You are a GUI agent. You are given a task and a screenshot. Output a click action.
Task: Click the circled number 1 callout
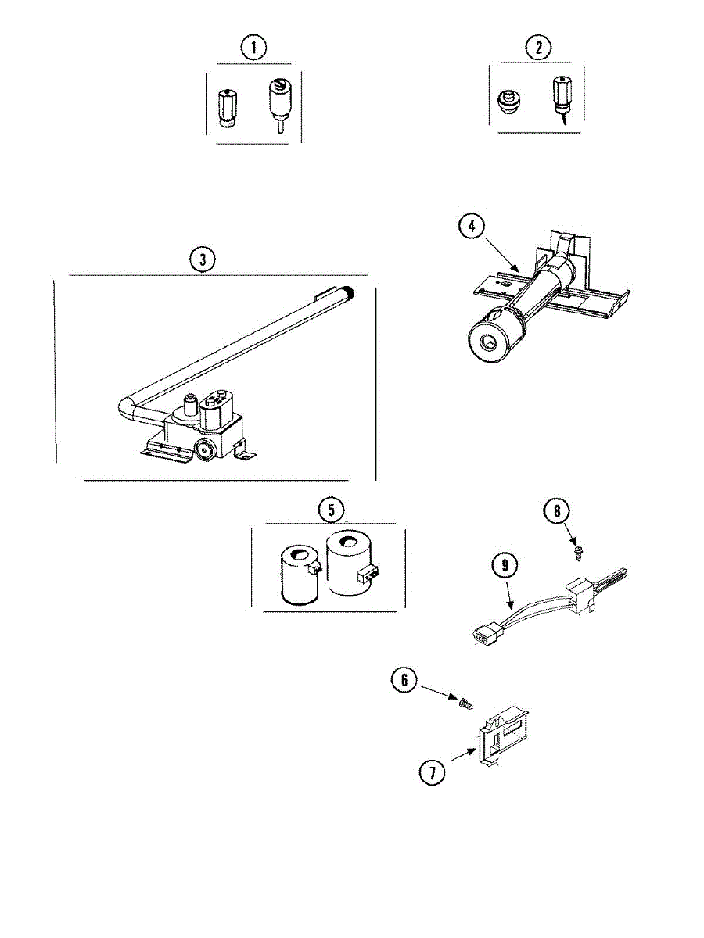point(253,48)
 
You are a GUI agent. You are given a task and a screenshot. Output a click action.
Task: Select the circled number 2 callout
point(537,48)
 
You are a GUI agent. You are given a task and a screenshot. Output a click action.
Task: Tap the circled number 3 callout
point(203,260)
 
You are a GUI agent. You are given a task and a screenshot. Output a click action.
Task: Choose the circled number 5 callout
point(331,510)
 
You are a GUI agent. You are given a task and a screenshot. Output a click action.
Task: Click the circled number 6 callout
point(404,680)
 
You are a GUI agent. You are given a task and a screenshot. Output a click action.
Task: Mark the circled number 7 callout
point(431,773)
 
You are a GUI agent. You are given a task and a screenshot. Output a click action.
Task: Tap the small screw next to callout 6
point(465,704)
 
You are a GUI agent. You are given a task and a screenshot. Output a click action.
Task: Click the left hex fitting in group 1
point(223,102)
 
